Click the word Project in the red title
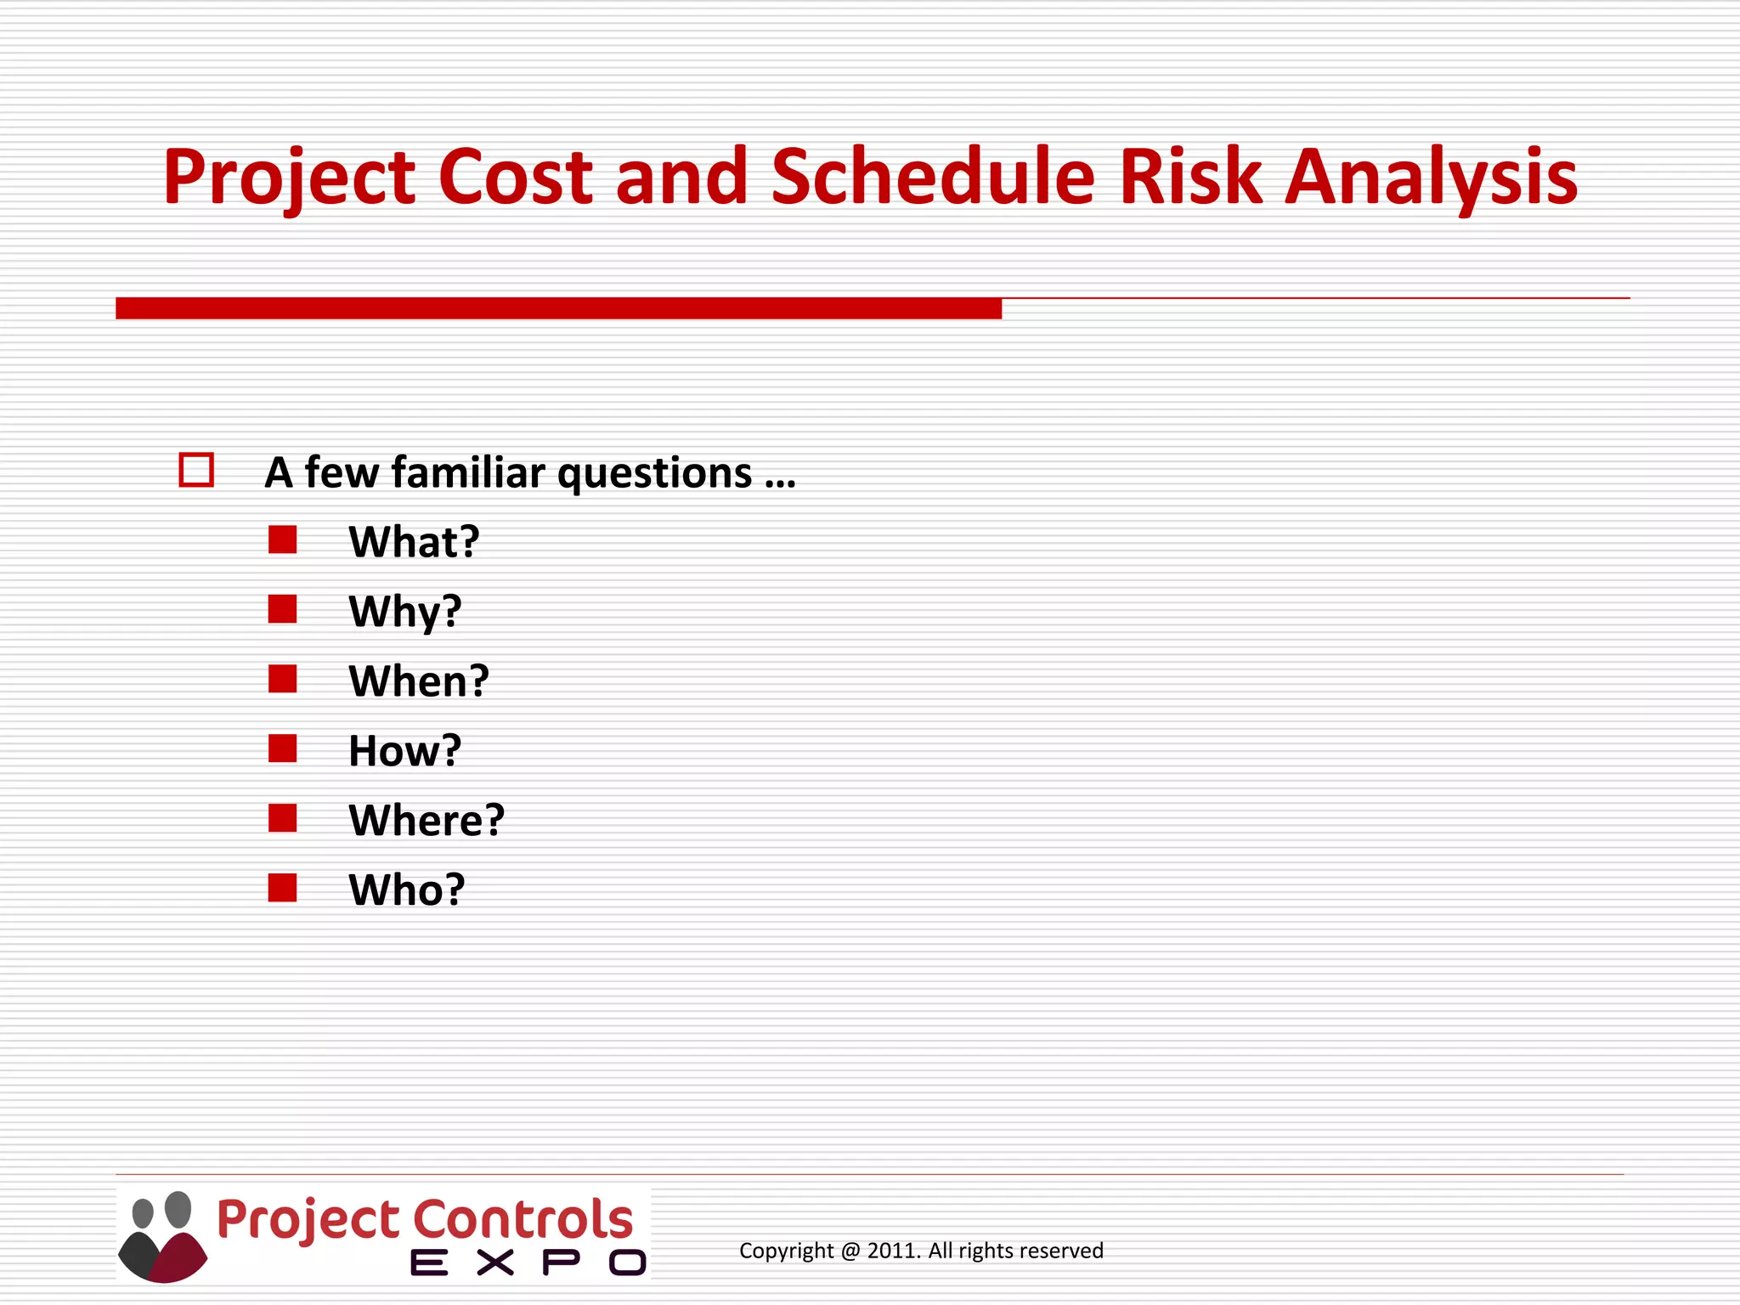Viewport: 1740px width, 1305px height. point(289,178)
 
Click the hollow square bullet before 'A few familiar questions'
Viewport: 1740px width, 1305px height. point(196,470)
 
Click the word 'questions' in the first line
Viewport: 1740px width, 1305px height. point(654,474)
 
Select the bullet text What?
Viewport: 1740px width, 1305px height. point(414,542)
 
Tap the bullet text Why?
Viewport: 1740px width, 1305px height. point(404,612)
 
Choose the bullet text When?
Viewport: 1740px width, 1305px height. point(419,681)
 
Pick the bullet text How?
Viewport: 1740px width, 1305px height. point(404,751)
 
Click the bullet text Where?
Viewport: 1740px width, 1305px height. point(427,821)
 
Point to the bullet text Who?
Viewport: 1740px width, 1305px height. point(407,890)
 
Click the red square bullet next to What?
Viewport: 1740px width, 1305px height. point(282,540)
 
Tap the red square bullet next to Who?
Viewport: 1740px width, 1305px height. point(282,888)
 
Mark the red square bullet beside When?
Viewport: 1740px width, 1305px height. point(282,679)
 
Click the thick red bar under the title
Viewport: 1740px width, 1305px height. point(558,308)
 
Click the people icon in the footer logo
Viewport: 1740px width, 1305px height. point(162,1236)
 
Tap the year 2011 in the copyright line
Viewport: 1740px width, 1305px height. point(892,1251)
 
